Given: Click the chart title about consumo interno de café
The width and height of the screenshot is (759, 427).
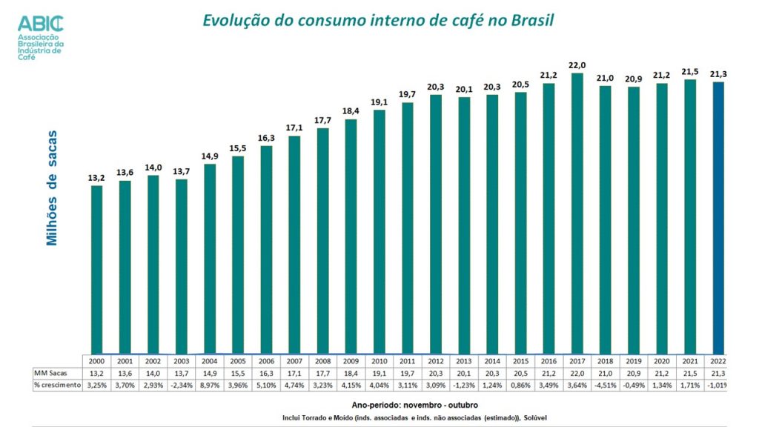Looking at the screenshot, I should pyautogui.click(x=378, y=20).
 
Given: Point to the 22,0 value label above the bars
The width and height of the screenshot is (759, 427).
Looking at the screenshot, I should pyautogui.click(x=577, y=65).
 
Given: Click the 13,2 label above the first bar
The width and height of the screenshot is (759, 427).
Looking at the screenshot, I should pyautogui.click(x=96, y=177).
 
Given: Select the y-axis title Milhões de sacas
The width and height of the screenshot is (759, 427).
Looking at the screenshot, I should pyautogui.click(x=52, y=188).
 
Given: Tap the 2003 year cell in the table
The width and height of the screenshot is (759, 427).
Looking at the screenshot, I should pyautogui.click(x=181, y=360).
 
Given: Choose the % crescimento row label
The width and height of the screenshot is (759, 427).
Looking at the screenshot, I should pyautogui.click(x=57, y=385).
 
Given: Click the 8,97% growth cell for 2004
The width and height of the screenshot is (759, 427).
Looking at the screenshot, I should pyautogui.click(x=210, y=385).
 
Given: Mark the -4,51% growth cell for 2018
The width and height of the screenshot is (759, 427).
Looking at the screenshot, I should pyautogui.click(x=605, y=385).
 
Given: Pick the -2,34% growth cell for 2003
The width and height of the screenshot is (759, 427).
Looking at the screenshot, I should pyautogui.click(x=181, y=385).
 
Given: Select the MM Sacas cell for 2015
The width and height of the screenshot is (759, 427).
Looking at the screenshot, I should pyautogui.click(x=520, y=372).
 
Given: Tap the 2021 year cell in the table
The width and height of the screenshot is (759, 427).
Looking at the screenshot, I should pyautogui.click(x=690, y=360).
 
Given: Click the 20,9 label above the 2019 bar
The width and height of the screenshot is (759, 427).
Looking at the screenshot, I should pyautogui.click(x=633, y=79).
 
